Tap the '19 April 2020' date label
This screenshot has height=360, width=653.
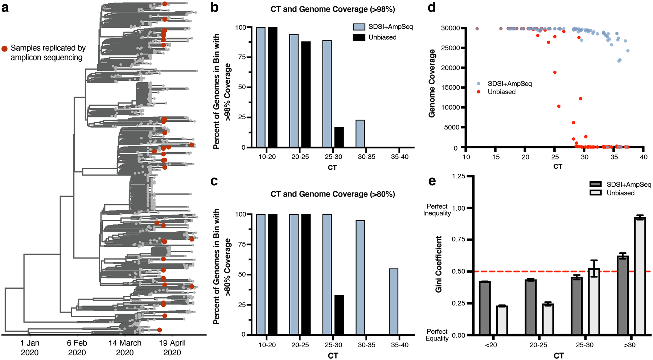point(172,347)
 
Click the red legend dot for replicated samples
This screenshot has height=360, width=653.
point(5,49)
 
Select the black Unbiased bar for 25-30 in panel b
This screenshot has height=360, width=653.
point(339,137)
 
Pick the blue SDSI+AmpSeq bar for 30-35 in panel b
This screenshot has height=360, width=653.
point(360,134)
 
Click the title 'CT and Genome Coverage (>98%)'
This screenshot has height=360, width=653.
point(333,9)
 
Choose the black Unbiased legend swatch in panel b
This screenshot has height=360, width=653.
point(359,37)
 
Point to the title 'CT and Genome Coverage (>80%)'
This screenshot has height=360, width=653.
point(333,194)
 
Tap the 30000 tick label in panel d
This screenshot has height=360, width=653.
point(450,28)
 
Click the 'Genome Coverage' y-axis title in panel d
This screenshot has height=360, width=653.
point(432,83)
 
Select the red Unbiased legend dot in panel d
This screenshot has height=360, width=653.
point(479,92)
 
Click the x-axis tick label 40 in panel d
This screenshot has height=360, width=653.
point(644,157)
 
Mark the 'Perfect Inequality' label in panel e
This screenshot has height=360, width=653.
point(437,210)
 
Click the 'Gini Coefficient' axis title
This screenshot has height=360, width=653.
point(439,264)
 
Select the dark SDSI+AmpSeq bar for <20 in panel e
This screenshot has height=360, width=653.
point(485,308)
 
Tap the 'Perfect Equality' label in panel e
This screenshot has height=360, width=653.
point(437,335)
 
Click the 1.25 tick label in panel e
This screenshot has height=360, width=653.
point(459,176)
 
